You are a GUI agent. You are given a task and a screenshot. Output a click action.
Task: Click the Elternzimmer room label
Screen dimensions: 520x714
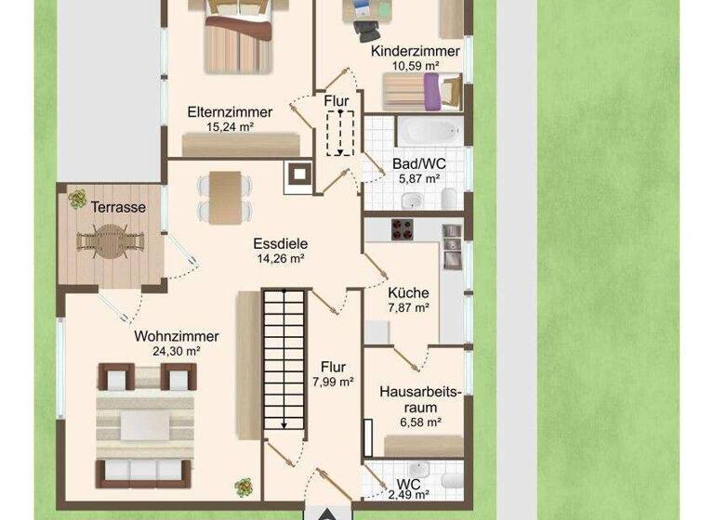[230, 111]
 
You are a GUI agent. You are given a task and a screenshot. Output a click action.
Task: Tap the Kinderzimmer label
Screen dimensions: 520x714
[415, 51]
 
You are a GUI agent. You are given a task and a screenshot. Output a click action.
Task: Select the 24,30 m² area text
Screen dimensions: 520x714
[176, 351]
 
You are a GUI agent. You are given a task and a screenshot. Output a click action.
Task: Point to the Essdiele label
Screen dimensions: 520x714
[280, 244]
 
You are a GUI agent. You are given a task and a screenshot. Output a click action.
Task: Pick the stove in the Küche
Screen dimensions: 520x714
[403, 229]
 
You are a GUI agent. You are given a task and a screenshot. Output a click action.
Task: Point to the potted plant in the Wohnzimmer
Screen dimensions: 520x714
[245, 486]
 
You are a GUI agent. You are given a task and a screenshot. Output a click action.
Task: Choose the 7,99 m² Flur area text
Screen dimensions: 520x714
[332, 381]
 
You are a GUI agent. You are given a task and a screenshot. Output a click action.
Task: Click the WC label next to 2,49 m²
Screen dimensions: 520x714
[408, 485]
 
